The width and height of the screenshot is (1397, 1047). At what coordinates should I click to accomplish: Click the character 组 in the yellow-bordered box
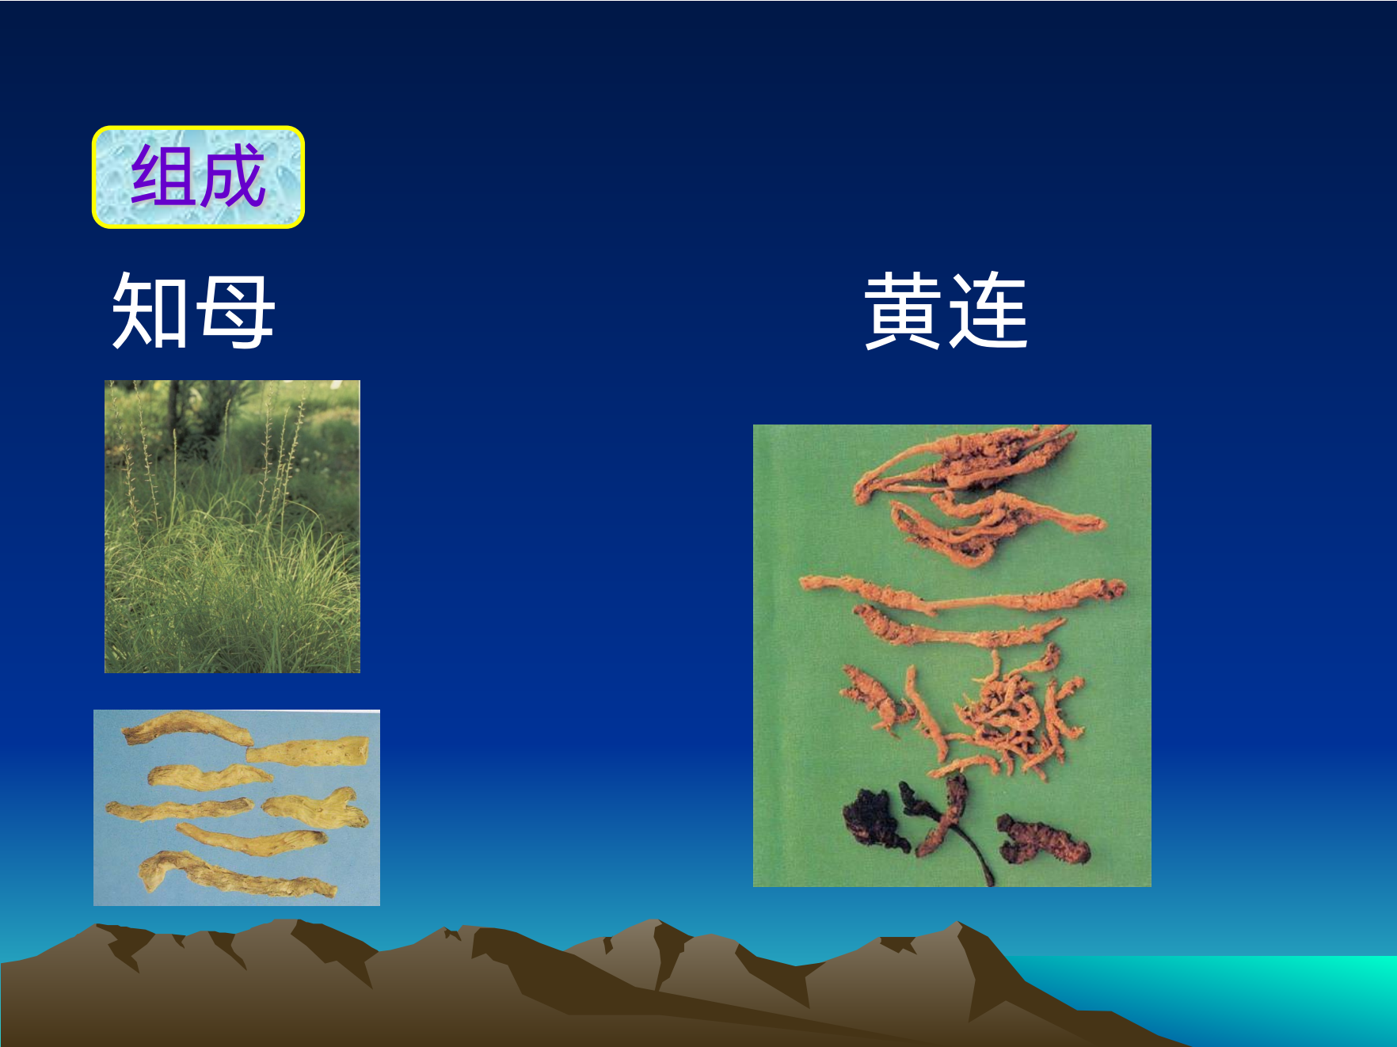coord(164,176)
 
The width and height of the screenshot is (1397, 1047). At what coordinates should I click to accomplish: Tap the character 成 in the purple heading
coord(231,176)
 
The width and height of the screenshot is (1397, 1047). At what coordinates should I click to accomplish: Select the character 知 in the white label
coord(150,310)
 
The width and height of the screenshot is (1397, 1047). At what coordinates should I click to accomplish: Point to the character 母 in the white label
coord(235,311)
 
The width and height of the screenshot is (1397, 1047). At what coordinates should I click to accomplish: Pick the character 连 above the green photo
coord(988,310)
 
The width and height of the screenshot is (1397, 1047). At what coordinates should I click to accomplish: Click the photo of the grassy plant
coord(232,527)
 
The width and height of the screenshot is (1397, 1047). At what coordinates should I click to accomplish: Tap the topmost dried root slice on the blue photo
coord(187,728)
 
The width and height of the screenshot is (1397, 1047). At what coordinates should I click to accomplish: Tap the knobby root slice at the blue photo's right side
coord(317,809)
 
